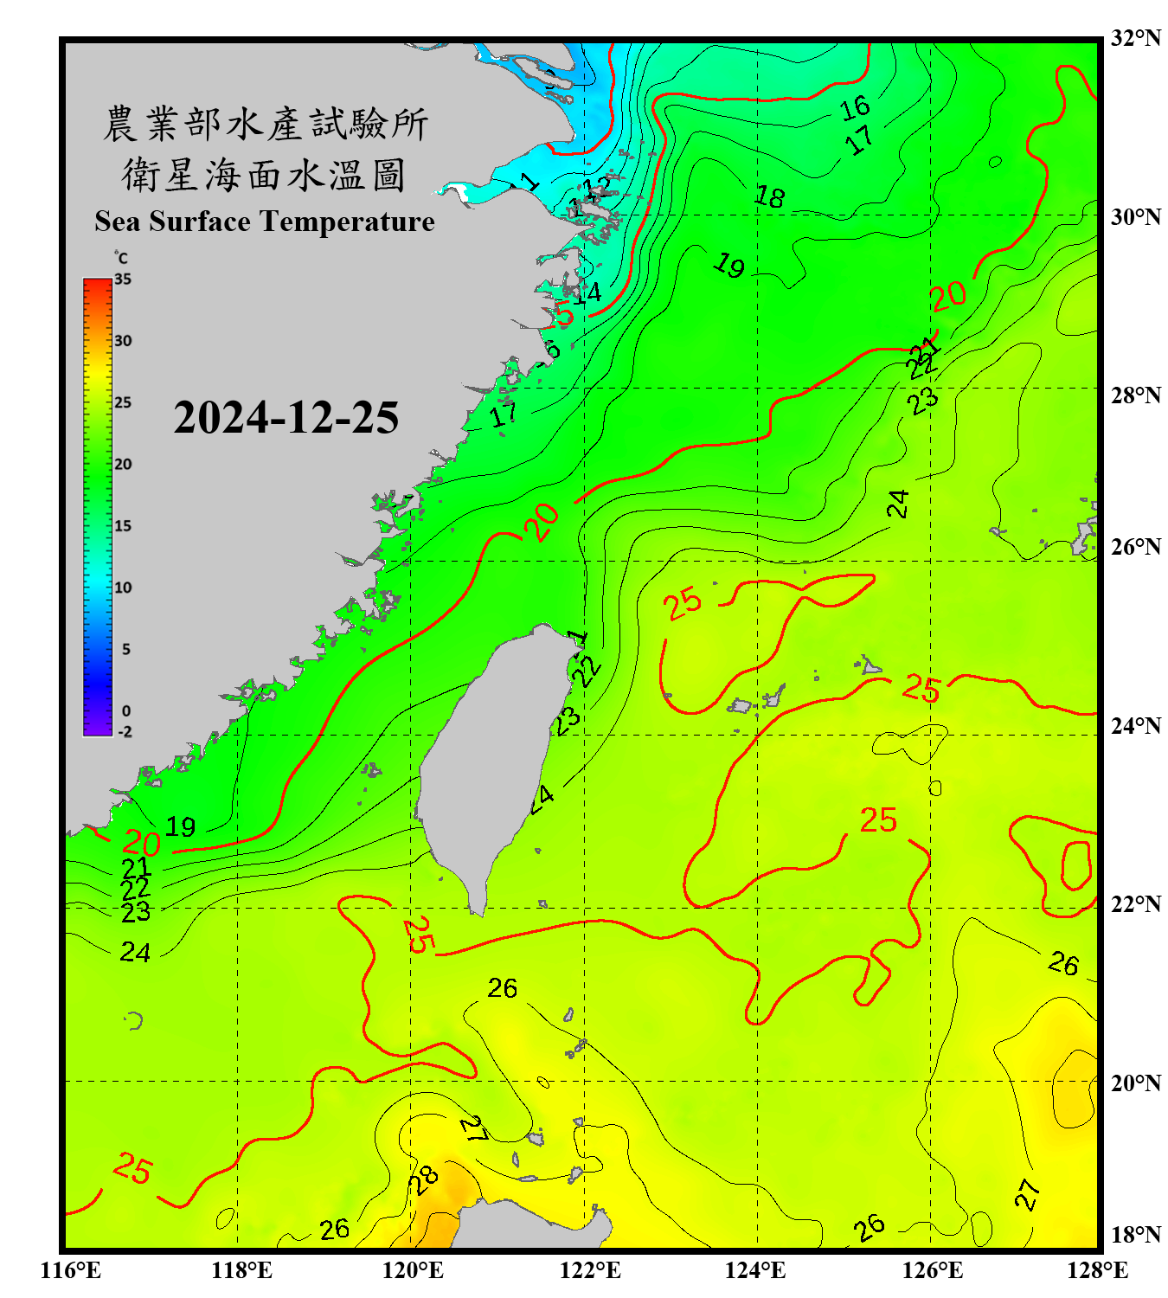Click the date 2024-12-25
point(286,418)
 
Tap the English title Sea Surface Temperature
point(265,222)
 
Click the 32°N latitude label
point(1135,38)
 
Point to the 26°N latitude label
point(1135,547)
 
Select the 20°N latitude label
point(1135,1083)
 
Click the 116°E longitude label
point(71,1270)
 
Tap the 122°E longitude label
point(590,1270)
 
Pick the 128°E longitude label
point(1097,1270)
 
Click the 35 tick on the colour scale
point(123,280)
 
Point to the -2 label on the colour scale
point(125,731)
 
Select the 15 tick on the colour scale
point(123,526)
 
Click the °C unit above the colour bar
point(121,258)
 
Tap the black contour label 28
point(424,1179)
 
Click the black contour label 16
point(855,108)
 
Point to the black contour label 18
point(769,197)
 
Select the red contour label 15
point(562,315)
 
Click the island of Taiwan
point(485,761)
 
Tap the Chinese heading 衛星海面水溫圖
point(264,175)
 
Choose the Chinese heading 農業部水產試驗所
point(265,124)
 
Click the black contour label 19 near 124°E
point(729,266)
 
